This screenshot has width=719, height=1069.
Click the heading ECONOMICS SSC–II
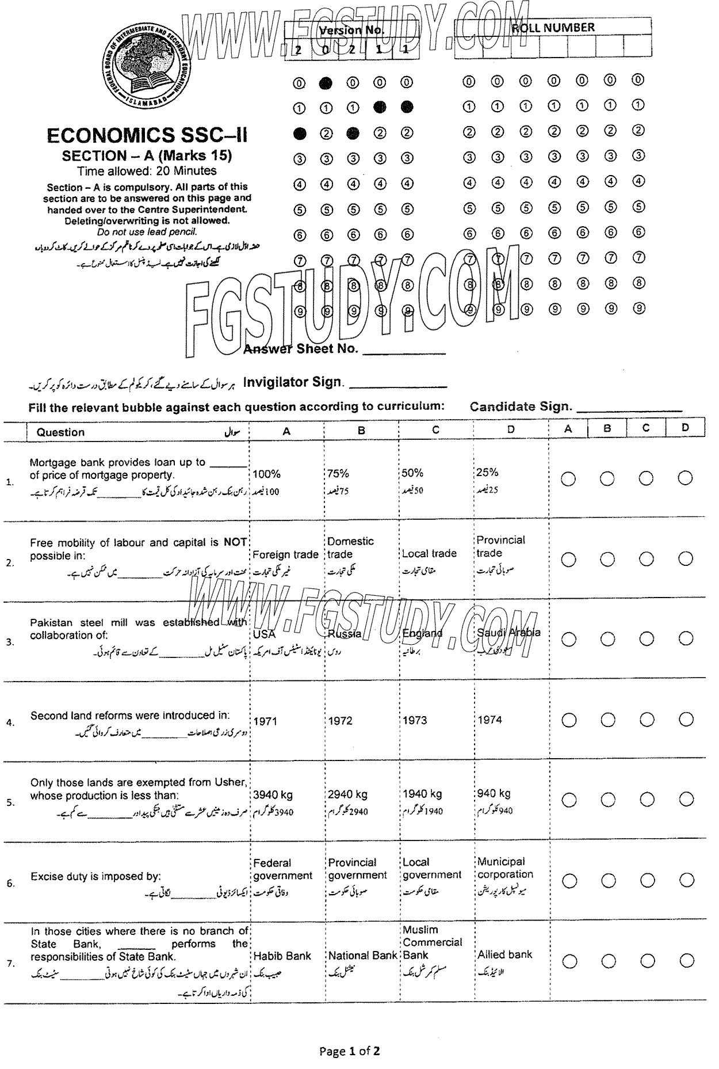[147, 136]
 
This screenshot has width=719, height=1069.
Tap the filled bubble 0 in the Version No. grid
[326, 83]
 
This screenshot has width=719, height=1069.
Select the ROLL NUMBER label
[553, 28]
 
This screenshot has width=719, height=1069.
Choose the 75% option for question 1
[338, 473]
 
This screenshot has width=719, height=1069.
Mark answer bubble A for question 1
[568, 479]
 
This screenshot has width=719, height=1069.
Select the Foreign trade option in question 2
[285, 554]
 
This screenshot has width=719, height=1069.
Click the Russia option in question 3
[345, 634]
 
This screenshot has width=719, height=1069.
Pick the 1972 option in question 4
[340, 721]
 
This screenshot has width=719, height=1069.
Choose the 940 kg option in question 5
[494, 793]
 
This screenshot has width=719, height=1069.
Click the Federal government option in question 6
[282, 869]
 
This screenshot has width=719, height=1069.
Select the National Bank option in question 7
[362, 956]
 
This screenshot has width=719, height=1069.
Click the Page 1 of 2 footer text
[350, 1051]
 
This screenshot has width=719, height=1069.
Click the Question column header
[60, 432]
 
